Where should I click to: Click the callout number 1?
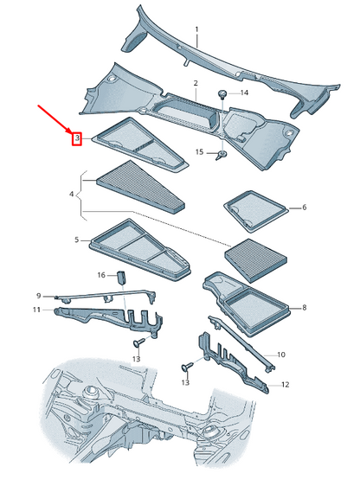(196, 29)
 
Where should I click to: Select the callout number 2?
(196, 83)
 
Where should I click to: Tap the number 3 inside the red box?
(76, 137)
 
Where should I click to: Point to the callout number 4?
(72, 195)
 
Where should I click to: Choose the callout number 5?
(76, 240)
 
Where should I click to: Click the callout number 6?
(305, 208)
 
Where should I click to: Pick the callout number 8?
(305, 307)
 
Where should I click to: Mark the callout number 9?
(38, 295)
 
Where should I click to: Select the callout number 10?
(280, 355)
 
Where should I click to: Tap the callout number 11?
(36, 309)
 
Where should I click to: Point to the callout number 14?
(243, 92)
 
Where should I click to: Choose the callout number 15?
(198, 152)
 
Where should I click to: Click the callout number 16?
(101, 275)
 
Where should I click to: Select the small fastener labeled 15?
(221, 155)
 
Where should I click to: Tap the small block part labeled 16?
(123, 277)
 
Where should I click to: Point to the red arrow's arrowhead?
(72, 131)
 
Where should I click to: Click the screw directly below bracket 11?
(137, 342)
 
